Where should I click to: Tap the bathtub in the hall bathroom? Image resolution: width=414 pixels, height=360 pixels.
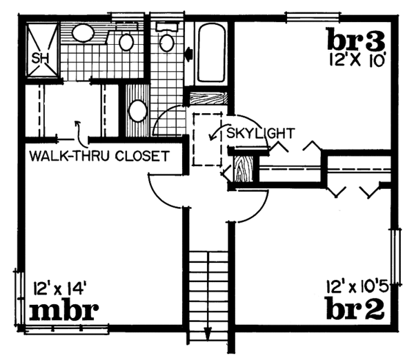(x=210, y=54)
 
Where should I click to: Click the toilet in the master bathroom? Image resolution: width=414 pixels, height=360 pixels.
(x=126, y=41)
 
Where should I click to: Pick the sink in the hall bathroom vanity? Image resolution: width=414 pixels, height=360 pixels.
(x=137, y=111)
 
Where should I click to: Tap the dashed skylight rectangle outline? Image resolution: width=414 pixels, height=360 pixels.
(x=206, y=138)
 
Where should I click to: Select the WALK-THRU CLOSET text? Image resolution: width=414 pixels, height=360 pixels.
(x=99, y=155)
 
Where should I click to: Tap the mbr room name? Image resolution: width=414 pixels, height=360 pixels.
(x=62, y=311)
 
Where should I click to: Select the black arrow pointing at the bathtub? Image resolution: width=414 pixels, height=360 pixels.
(x=190, y=52)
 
